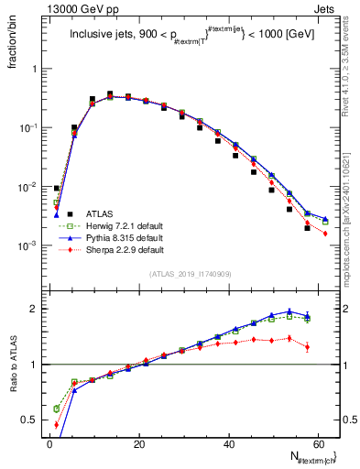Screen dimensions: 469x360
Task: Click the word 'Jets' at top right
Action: tap(324, 8)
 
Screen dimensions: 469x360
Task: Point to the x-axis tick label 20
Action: tap(139, 443)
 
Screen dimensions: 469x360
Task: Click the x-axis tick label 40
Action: tap(229, 443)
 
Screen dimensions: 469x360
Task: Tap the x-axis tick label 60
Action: tap(319, 443)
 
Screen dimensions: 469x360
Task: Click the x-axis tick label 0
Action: tap(49, 443)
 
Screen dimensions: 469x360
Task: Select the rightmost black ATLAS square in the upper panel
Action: tap(308, 228)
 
